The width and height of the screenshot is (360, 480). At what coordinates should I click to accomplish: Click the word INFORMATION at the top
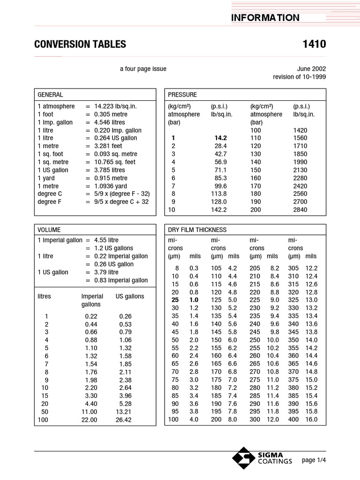click(x=265, y=18)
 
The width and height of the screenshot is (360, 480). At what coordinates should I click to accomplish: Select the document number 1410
click(x=315, y=45)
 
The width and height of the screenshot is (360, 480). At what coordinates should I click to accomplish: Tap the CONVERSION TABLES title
click(x=80, y=45)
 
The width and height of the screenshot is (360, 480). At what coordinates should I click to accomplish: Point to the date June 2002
click(x=312, y=69)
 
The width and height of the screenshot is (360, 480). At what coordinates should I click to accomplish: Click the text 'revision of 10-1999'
click(x=300, y=77)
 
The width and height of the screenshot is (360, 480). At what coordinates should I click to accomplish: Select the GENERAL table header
click(x=50, y=95)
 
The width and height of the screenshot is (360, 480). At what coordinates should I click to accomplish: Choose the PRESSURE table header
click(x=182, y=95)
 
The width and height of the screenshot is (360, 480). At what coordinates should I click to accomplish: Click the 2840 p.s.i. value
click(x=300, y=210)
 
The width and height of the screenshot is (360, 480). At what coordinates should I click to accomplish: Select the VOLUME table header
click(x=49, y=230)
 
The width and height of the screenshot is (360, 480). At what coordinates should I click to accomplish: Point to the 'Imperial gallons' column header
click(x=92, y=300)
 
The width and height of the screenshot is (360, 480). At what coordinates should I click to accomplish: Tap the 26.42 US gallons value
click(x=124, y=420)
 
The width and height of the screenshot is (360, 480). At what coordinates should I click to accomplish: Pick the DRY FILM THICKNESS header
click(x=197, y=230)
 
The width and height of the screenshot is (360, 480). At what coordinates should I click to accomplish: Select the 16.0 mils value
click(x=311, y=420)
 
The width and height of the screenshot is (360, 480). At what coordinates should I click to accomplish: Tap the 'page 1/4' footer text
click(x=314, y=460)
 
